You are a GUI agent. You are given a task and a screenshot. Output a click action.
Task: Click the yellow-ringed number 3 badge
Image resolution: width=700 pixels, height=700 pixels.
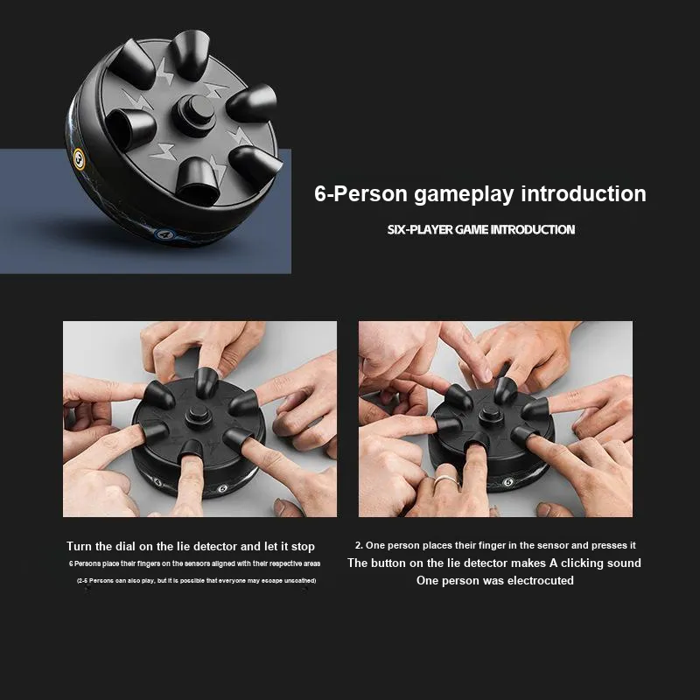click(79, 159)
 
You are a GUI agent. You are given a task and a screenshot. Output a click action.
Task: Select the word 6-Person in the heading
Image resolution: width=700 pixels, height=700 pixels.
click(360, 193)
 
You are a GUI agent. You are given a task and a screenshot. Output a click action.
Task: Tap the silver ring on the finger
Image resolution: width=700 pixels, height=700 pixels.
click(446, 480)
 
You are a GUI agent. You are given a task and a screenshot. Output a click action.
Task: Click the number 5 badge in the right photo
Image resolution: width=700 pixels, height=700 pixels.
click(507, 482)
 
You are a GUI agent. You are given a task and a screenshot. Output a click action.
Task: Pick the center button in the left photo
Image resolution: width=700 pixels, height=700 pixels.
click(196, 417)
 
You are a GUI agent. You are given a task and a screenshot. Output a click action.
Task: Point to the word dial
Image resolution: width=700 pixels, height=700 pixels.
click(125, 546)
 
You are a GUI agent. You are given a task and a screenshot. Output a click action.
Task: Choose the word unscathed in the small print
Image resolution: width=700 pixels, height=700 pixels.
click(300, 580)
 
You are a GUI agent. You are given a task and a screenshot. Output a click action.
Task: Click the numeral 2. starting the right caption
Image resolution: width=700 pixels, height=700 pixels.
click(359, 545)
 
